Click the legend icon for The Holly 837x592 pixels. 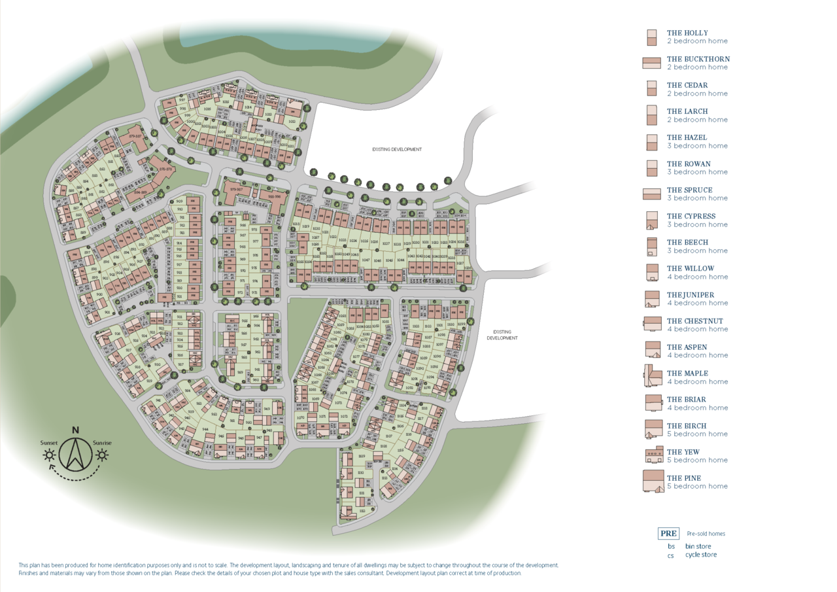pos(651,37)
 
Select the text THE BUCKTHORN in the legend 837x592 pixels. pos(698,59)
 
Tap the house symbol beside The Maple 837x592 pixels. pos(652,377)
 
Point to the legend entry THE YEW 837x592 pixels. pos(683,452)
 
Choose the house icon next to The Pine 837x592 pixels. pos(653,481)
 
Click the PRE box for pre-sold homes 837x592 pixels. pos(668,533)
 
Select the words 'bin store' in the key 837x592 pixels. pos(698,546)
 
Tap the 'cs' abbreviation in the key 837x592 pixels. pos(671,555)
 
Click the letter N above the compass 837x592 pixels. pos(76,430)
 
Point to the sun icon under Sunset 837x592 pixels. pos(49,455)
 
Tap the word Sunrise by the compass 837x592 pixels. pos(102,443)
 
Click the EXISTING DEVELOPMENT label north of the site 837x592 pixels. pos(397,149)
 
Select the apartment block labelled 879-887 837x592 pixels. pos(135,136)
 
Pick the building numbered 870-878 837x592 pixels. pos(166,169)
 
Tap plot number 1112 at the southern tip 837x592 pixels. pos(362,511)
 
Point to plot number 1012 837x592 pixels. pos(292,122)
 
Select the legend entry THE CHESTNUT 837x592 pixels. pos(694,321)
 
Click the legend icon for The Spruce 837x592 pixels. pos(652,194)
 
